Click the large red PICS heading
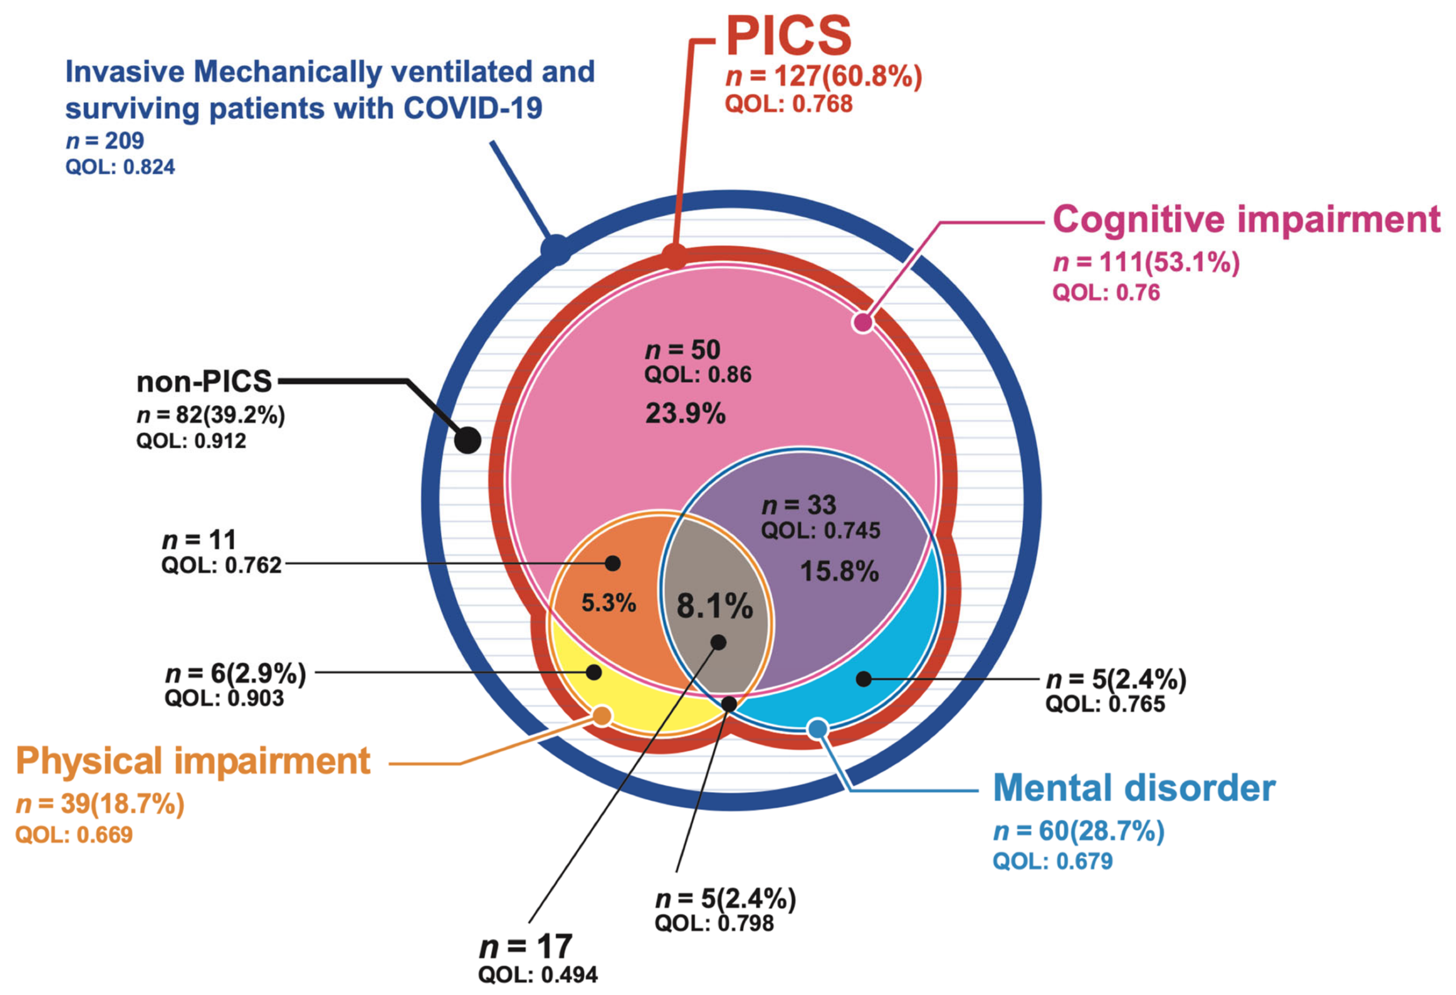pos(789,37)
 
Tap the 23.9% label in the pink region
pos(685,414)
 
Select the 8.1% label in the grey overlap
pos(714,606)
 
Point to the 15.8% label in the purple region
pos(839,571)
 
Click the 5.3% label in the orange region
pos(608,603)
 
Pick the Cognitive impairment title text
pos(1246,219)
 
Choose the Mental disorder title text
pos(1134,788)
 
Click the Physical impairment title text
pos(193,761)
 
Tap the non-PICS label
pos(204,381)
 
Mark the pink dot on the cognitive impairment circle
pos(863,322)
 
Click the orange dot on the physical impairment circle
pos(601,715)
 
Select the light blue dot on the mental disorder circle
pos(818,729)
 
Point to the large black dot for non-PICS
pos(467,440)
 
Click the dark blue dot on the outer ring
pos(556,250)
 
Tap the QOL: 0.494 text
pos(538,975)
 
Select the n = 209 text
pos(105,141)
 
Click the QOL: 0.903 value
pos(224,698)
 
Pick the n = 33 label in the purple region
pos(799,505)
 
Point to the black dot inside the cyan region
pos(863,678)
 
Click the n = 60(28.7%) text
pos(1078,831)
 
